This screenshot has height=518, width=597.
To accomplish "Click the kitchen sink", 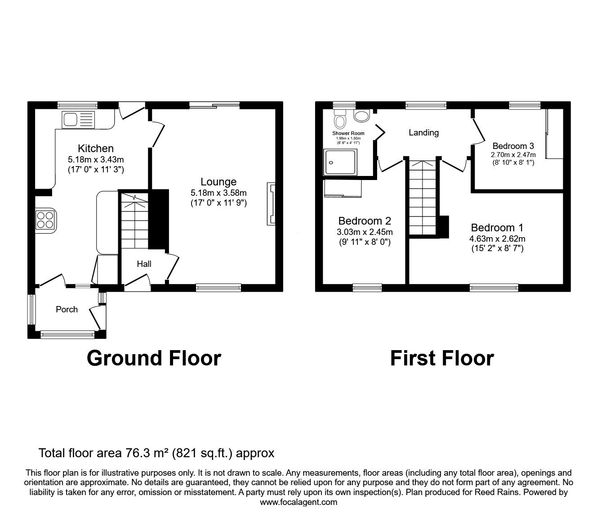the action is [78, 120].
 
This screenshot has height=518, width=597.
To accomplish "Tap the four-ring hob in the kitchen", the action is [45, 220].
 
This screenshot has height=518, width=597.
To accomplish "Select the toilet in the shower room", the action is [340, 119].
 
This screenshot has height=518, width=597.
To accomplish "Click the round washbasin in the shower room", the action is [361, 116].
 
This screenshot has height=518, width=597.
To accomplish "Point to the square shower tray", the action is [340, 162].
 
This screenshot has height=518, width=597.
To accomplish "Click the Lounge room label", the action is [218, 182].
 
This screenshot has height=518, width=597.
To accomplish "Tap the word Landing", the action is [424, 133].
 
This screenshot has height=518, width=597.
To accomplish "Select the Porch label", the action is [67, 310].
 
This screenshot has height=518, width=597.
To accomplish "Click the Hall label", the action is [144, 264].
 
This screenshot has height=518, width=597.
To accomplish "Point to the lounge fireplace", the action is [271, 203].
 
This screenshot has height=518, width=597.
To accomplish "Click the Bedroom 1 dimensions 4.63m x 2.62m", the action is [497, 239].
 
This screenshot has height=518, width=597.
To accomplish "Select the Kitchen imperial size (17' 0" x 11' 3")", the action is [96, 170].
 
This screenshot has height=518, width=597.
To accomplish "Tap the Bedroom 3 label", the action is [513, 146].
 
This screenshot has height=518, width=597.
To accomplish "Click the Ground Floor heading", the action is [154, 358].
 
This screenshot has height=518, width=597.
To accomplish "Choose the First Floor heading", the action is [442, 358].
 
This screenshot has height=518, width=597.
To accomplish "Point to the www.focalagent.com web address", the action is [298, 502].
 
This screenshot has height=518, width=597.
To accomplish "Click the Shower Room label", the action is [348, 133].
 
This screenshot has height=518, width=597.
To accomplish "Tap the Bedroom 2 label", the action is [365, 221].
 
